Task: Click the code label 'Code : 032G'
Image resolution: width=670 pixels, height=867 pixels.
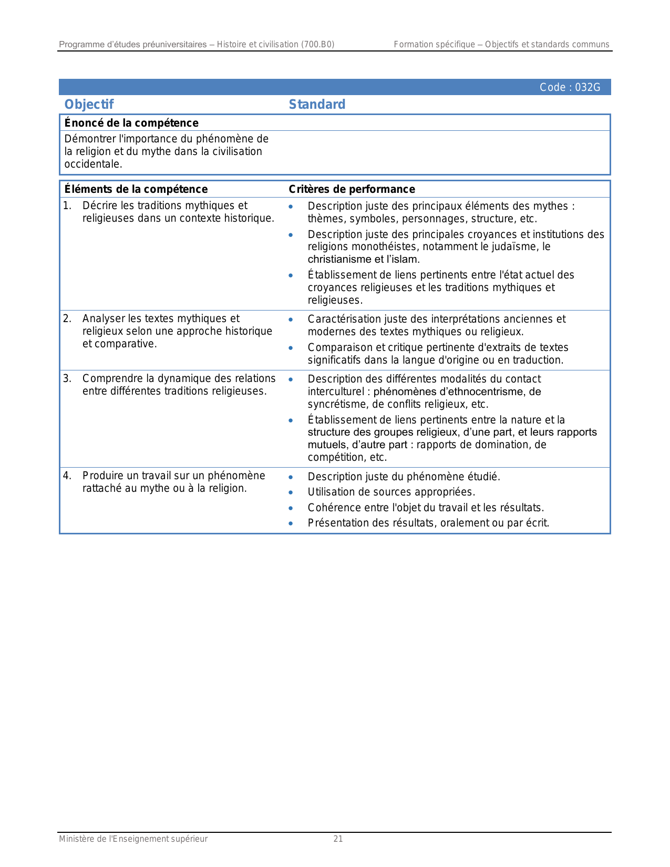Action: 570,87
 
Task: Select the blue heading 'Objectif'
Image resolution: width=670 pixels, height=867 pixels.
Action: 89,104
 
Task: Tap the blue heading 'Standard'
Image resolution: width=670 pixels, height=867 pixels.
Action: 317,104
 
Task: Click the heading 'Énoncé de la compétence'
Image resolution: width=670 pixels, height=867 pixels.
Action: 131,123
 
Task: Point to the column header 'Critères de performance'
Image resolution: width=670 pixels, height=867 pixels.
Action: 352,189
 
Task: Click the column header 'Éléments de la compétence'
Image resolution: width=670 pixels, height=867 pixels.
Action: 136,189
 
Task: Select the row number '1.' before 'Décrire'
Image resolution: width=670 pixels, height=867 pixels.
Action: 67,205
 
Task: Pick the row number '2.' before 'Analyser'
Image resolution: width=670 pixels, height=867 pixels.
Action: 67,318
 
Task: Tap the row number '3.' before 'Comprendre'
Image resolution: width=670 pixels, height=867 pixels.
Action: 67,378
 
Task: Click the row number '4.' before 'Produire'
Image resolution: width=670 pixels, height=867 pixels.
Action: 67,476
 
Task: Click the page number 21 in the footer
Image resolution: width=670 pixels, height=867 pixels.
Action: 338,839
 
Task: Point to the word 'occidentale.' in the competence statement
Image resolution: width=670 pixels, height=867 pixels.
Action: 93,164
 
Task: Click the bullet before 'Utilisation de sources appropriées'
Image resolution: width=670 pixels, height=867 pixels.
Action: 291,492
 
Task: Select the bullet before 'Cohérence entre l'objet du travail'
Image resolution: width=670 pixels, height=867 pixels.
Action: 291,508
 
